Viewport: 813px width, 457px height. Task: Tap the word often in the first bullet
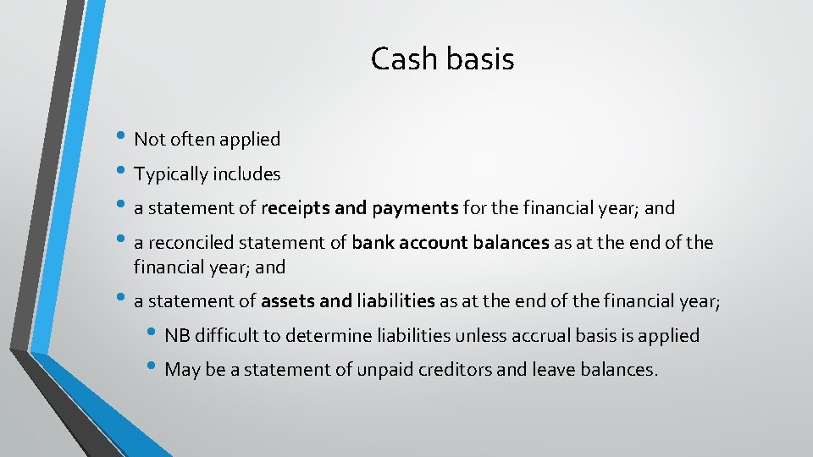pos(187,139)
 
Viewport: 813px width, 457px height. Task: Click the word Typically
pos(171,174)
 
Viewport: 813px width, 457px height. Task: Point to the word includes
pos(246,174)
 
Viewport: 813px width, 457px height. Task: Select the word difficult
pos(227,336)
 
